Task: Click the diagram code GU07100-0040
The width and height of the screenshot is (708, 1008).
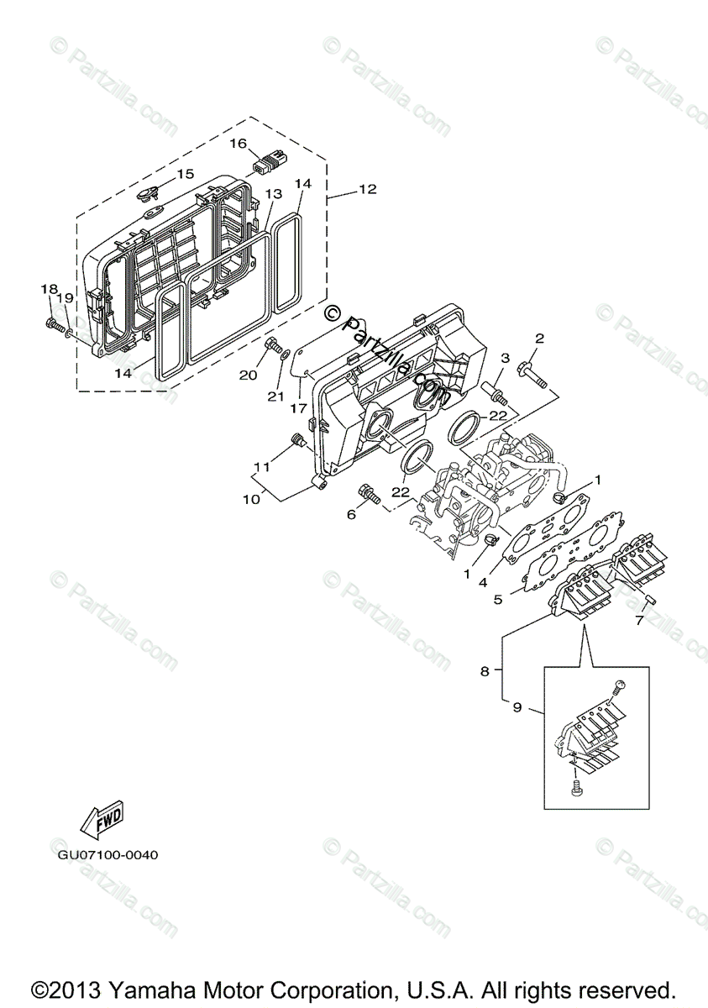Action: click(108, 855)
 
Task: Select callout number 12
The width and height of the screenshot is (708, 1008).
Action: click(368, 190)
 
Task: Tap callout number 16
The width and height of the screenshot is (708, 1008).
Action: click(238, 144)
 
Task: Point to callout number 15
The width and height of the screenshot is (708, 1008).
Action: click(185, 174)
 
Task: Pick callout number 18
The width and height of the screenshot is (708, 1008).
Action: click(48, 290)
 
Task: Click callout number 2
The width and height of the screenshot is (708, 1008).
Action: click(539, 339)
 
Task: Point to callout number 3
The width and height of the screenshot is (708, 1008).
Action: click(504, 359)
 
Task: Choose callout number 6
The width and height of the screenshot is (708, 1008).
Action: click(352, 515)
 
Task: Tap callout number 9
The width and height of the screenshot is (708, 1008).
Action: click(517, 707)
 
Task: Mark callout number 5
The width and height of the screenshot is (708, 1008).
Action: click(497, 599)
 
